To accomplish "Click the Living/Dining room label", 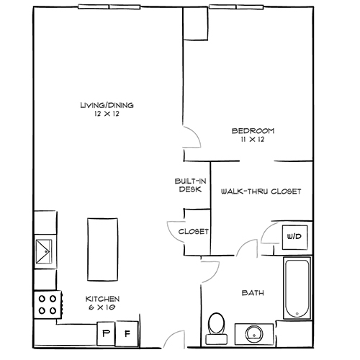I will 107,105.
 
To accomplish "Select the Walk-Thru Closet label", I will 260,191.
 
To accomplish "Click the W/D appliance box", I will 294,235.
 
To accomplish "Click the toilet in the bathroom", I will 214,325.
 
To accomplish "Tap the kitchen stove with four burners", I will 48,305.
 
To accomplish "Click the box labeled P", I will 107,333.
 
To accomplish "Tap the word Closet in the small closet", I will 194,231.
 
